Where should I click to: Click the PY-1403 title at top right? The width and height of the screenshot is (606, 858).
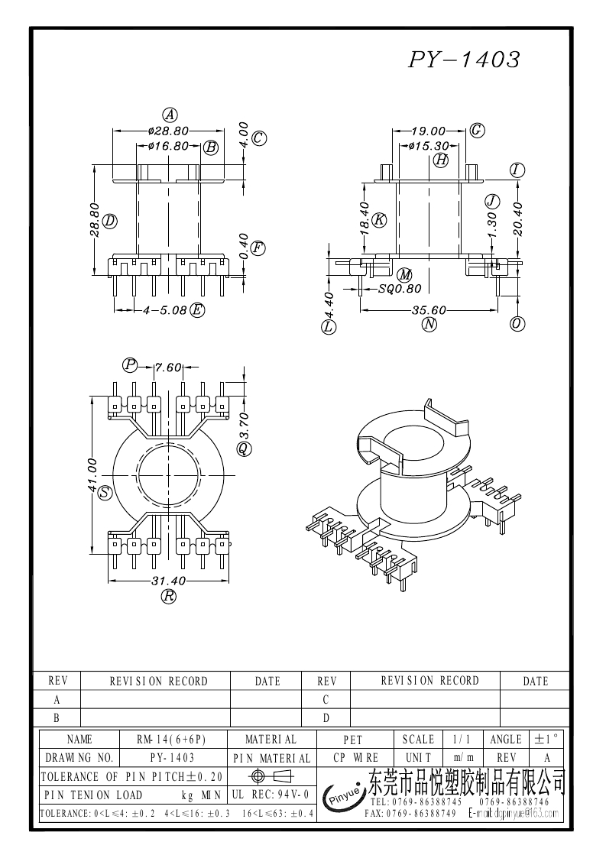pyautogui.click(x=464, y=60)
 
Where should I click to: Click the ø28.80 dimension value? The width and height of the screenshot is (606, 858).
pyautogui.click(x=168, y=131)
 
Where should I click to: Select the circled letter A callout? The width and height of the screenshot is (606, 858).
pyautogui.click(x=170, y=115)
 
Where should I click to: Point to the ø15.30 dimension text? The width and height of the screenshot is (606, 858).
pyautogui.click(x=428, y=145)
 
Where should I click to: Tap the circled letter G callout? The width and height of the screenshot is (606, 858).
pyautogui.click(x=477, y=130)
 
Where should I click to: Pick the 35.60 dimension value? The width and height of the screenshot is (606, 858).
pyautogui.click(x=428, y=311)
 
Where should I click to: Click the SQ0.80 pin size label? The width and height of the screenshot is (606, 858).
pyautogui.click(x=400, y=289)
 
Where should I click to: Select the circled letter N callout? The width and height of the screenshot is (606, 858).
pyautogui.click(x=429, y=325)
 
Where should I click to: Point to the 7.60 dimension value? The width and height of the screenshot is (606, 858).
pyautogui.click(x=168, y=367)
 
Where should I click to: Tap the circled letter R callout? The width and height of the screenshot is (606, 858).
pyautogui.click(x=169, y=597)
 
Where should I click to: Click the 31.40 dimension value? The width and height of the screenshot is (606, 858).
pyautogui.click(x=169, y=581)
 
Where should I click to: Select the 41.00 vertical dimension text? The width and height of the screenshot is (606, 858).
pyautogui.click(x=92, y=474)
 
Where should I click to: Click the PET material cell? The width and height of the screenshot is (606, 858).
pyautogui.click(x=352, y=740)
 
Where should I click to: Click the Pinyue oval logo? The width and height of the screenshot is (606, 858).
pyautogui.click(x=345, y=797)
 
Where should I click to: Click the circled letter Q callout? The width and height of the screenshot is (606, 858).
pyautogui.click(x=243, y=448)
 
